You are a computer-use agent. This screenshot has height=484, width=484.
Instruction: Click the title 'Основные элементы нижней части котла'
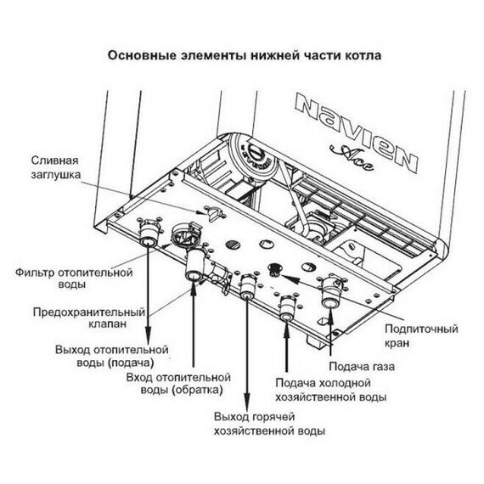coord(243,56)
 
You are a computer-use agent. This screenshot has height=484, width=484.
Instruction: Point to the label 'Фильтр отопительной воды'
coord(75,280)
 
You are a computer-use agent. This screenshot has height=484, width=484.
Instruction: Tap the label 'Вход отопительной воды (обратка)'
coord(178,383)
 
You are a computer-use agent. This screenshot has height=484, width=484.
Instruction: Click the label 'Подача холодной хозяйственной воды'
coord(332,390)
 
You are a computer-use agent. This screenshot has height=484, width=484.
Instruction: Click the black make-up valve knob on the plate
coord(273,270)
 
